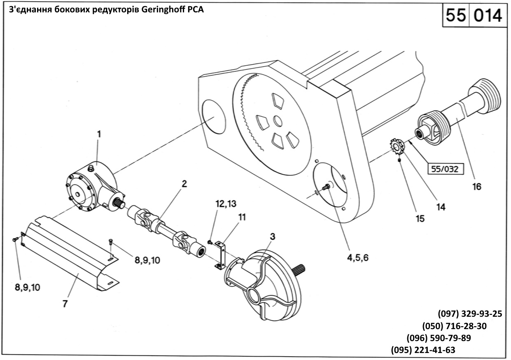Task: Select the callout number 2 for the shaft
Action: [184, 184]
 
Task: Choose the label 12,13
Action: [225, 203]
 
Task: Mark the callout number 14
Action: [441, 207]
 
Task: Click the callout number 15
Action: [420, 219]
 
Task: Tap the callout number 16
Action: [476, 186]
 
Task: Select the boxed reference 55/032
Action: [445, 168]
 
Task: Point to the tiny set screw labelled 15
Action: [400, 160]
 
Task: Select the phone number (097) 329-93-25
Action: [470, 313]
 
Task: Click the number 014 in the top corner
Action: [488, 16]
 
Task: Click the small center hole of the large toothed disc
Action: [278, 122]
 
